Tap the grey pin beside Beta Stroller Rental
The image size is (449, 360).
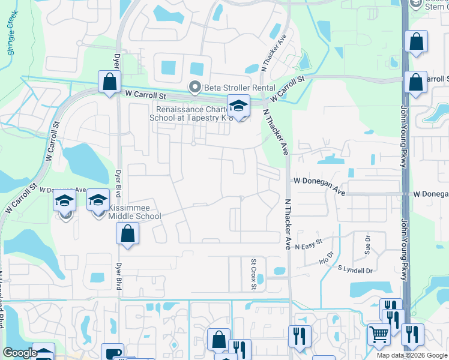click(194, 88)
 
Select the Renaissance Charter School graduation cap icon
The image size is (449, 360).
click(238, 107)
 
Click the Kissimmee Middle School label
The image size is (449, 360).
click(134, 212)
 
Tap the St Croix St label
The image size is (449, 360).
click(254, 274)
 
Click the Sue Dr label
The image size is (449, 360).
click(368, 242)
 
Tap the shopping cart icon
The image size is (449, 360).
click(378, 335)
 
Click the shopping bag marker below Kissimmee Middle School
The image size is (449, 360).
click(127, 235)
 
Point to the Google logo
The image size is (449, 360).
click(20, 352)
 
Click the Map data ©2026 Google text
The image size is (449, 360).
click(412, 355)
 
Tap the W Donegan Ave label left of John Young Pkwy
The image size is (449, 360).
click(319, 186)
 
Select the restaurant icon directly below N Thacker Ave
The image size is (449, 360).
click(299, 336)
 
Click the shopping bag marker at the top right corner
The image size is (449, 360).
click(415, 42)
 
